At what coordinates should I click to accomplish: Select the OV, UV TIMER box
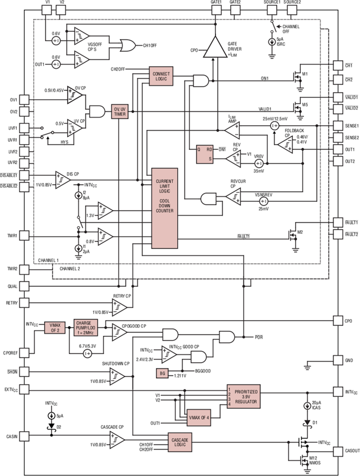point(119,111)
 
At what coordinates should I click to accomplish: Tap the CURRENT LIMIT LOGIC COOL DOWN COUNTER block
point(165,208)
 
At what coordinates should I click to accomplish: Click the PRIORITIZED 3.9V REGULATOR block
point(244,396)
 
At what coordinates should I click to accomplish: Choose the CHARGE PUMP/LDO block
point(86,328)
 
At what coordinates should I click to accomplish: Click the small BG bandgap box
point(162,373)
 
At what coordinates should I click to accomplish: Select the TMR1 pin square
point(24,236)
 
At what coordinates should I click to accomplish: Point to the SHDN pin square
point(24,372)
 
